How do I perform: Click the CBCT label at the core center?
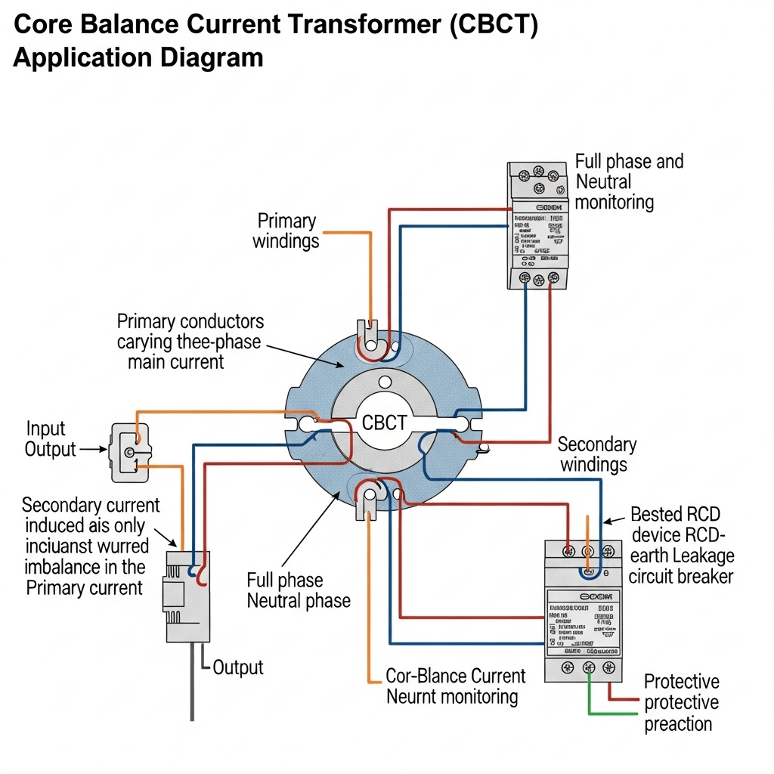coord(385,423)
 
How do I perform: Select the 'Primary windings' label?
coord(286,231)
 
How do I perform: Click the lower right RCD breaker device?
coord(583,611)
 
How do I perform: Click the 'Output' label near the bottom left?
coord(237,667)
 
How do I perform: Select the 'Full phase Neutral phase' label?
coord(298,591)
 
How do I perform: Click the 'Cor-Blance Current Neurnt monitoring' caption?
coord(452,686)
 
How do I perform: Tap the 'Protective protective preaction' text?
coord(680,703)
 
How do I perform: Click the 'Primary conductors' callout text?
coord(190,342)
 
